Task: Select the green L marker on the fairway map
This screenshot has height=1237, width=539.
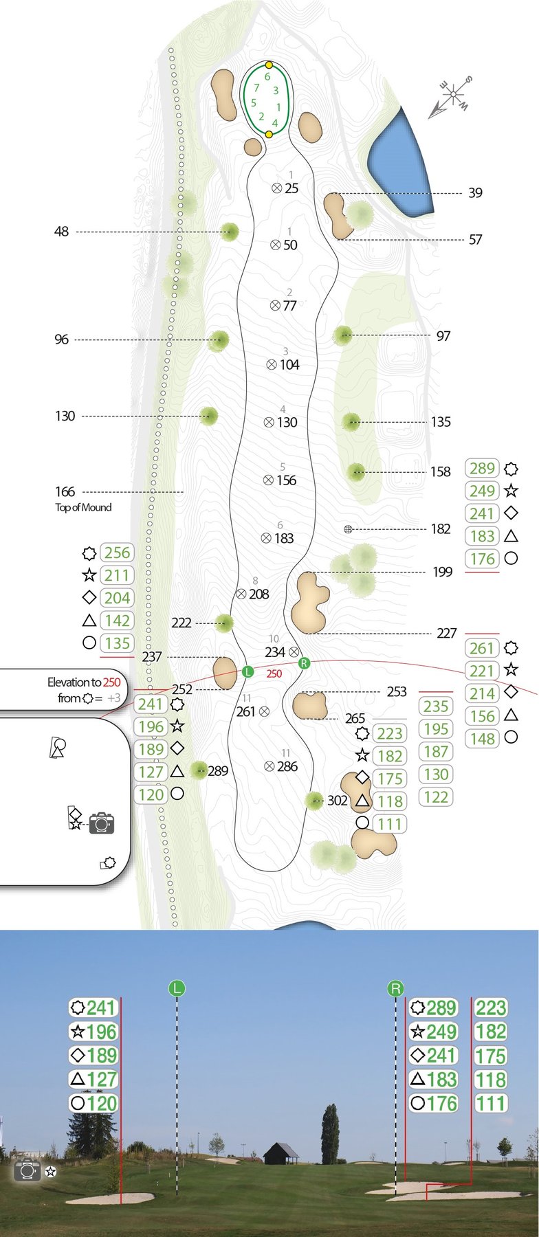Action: [248, 671]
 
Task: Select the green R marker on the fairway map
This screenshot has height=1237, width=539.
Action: [304, 663]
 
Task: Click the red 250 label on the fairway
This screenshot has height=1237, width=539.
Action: [274, 674]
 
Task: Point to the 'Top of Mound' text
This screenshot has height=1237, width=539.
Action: [83, 507]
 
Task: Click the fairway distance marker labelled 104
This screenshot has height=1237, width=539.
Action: [283, 365]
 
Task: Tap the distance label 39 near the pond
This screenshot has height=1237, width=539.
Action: [475, 192]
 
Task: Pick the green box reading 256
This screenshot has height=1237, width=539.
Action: [117, 553]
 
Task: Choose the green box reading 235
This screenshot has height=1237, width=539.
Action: [436, 706]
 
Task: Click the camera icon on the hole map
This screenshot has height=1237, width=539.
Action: [101, 823]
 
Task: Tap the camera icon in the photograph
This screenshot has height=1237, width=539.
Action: [28, 1170]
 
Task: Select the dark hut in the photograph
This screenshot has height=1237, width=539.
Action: [281, 1154]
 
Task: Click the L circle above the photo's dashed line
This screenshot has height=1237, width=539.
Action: [177, 989]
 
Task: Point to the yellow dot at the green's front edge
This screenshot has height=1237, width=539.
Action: [269, 134]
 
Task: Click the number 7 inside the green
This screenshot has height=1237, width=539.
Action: [256, 88]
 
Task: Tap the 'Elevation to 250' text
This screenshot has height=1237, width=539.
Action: [84, 682]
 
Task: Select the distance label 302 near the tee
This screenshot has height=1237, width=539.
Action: [337, 800]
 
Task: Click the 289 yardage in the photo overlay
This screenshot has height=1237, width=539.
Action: [441, 1008]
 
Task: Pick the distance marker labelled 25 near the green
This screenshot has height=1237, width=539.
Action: [285, 188]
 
